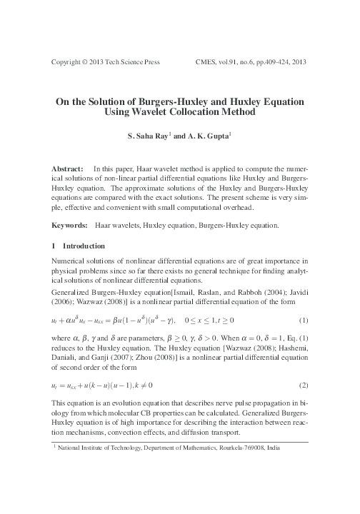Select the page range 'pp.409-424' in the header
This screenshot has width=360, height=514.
click(272, 62)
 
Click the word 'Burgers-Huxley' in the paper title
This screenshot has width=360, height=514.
click(163, 101)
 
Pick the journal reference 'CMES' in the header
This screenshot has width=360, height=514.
click(208, 62)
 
